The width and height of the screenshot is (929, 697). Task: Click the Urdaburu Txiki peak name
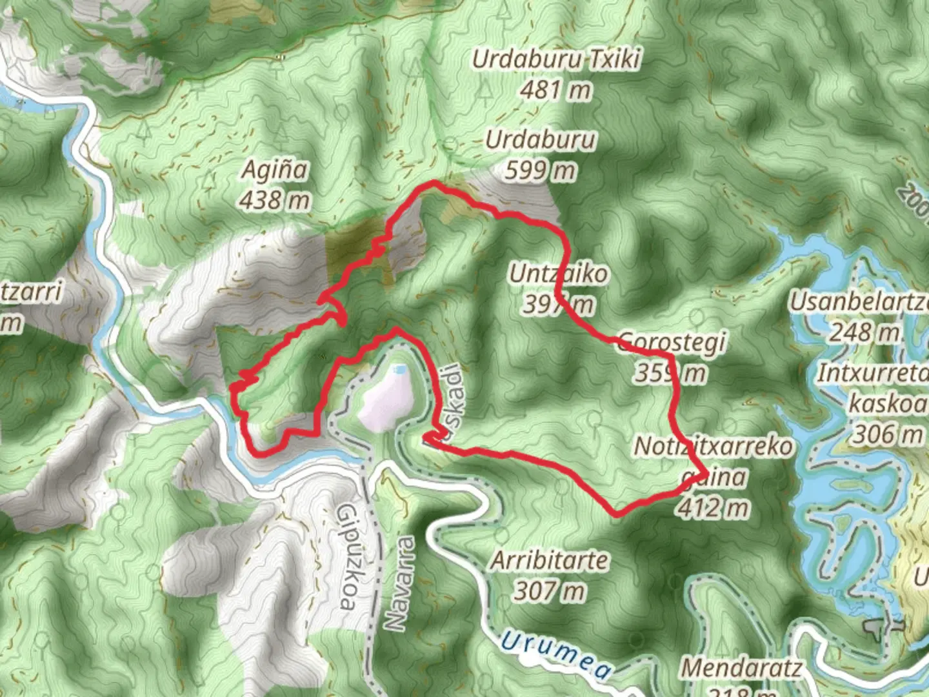[555, 59]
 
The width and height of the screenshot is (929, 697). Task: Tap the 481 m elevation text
[555, 89]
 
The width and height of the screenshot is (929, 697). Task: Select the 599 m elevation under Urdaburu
[540, 170]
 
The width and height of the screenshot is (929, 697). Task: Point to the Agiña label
[274, 170]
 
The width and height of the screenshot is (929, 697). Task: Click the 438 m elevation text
[274, 200]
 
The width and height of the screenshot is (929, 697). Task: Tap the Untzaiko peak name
[557, 274]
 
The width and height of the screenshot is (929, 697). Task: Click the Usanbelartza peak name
[858, 301]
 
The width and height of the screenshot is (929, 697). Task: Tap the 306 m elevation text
[888, 434]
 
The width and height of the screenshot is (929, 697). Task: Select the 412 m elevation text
[712, 508]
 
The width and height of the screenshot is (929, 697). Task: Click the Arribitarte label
[550, 560]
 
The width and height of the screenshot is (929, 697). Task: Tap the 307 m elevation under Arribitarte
[550, 591]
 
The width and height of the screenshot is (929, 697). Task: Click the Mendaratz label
[741, 668]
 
